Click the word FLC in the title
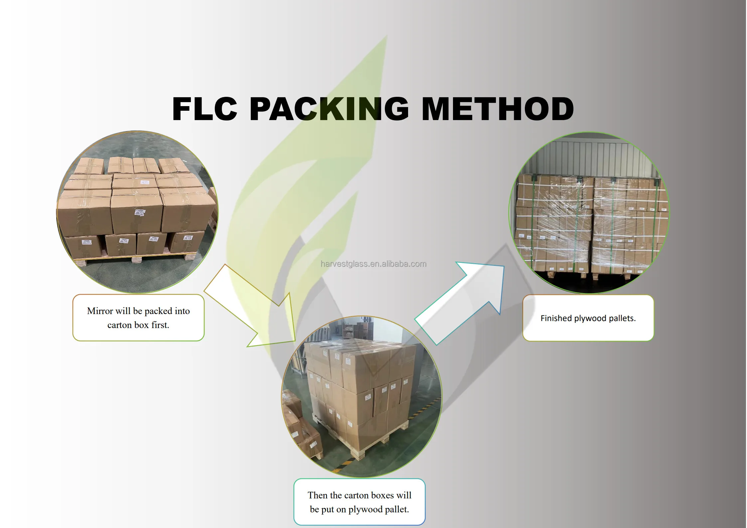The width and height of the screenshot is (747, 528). coord(204,109)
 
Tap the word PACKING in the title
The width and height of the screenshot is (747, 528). coord(329,109)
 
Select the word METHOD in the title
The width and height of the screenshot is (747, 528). coord(498,109)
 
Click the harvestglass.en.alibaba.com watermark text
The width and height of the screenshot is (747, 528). coord(373,264)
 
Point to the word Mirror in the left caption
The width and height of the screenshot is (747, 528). coord(100,311)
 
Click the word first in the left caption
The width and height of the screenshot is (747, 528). coord(160,325)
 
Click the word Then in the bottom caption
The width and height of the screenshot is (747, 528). coord(318,495)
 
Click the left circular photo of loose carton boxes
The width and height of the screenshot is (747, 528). coord(137,212)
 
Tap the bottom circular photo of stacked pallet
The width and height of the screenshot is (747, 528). coord(362,397)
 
